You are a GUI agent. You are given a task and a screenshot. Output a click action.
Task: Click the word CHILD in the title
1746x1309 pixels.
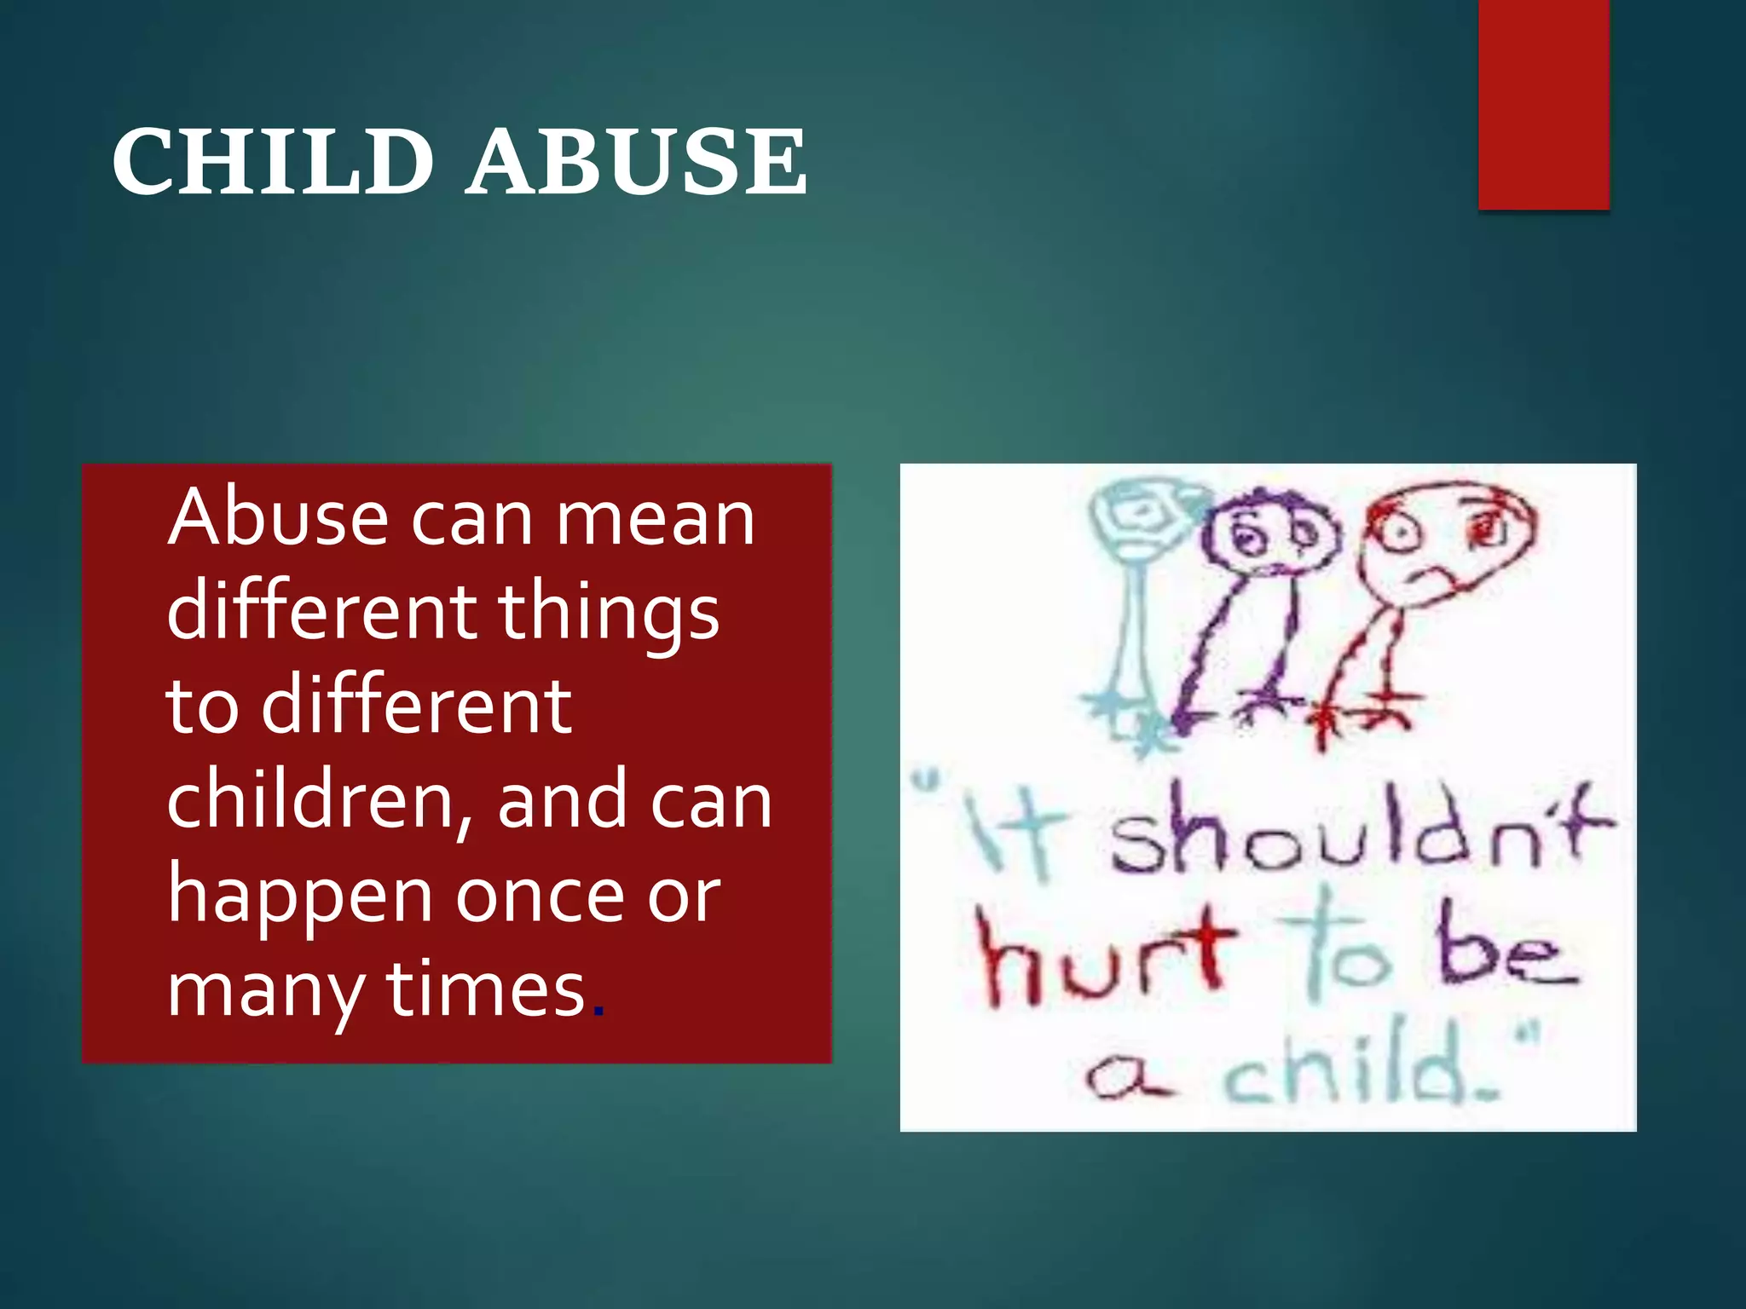(x=273, y=162)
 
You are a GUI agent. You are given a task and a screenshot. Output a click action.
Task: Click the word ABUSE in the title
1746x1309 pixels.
(x=638, y=162)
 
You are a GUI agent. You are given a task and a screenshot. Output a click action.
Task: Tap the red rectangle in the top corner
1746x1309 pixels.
(x=1543, y=104)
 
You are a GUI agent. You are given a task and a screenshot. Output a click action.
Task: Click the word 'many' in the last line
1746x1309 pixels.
(x=264, y=993)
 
